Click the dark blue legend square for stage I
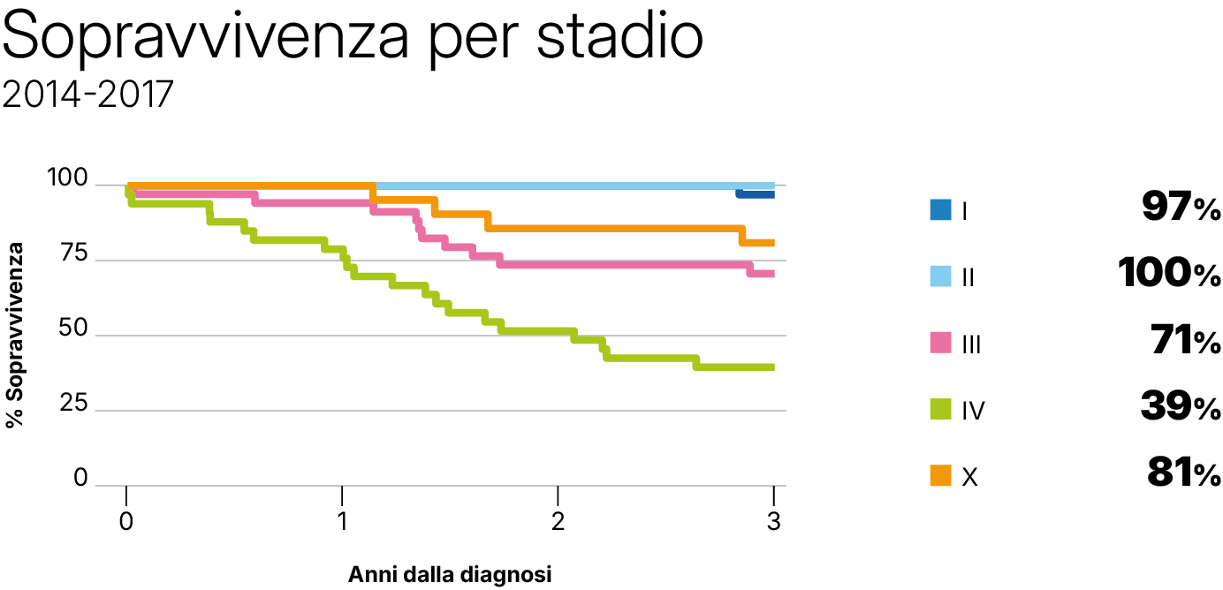point(939,210)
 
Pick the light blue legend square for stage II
point(939,276)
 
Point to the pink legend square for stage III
point(939,344)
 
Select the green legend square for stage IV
point(939,410)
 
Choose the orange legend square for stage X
point(939,476)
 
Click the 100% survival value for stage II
point(1168,275)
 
